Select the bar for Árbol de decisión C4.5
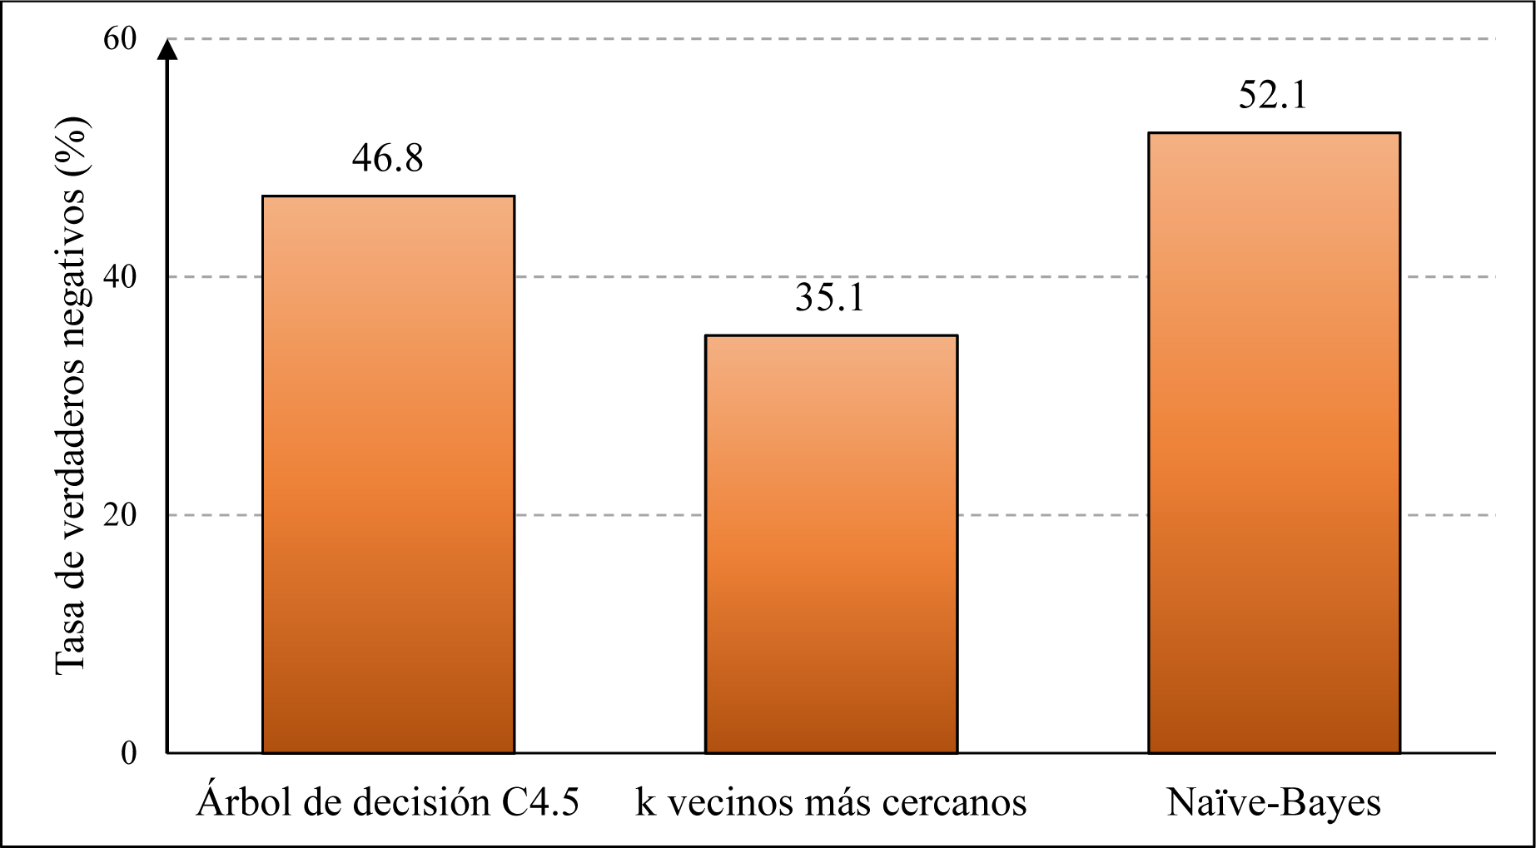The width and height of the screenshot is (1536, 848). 388,474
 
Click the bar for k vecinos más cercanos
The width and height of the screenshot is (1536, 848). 831,544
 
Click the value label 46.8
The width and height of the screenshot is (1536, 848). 387,158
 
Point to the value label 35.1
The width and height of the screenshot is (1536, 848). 830,298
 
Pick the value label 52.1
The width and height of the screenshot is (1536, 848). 1273,95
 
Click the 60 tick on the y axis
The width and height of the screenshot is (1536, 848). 120,39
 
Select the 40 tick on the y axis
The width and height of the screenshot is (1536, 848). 120,277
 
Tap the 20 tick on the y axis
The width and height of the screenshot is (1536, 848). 120,515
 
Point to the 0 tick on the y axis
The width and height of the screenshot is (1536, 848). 129,753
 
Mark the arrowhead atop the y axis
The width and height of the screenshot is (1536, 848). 168,50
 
